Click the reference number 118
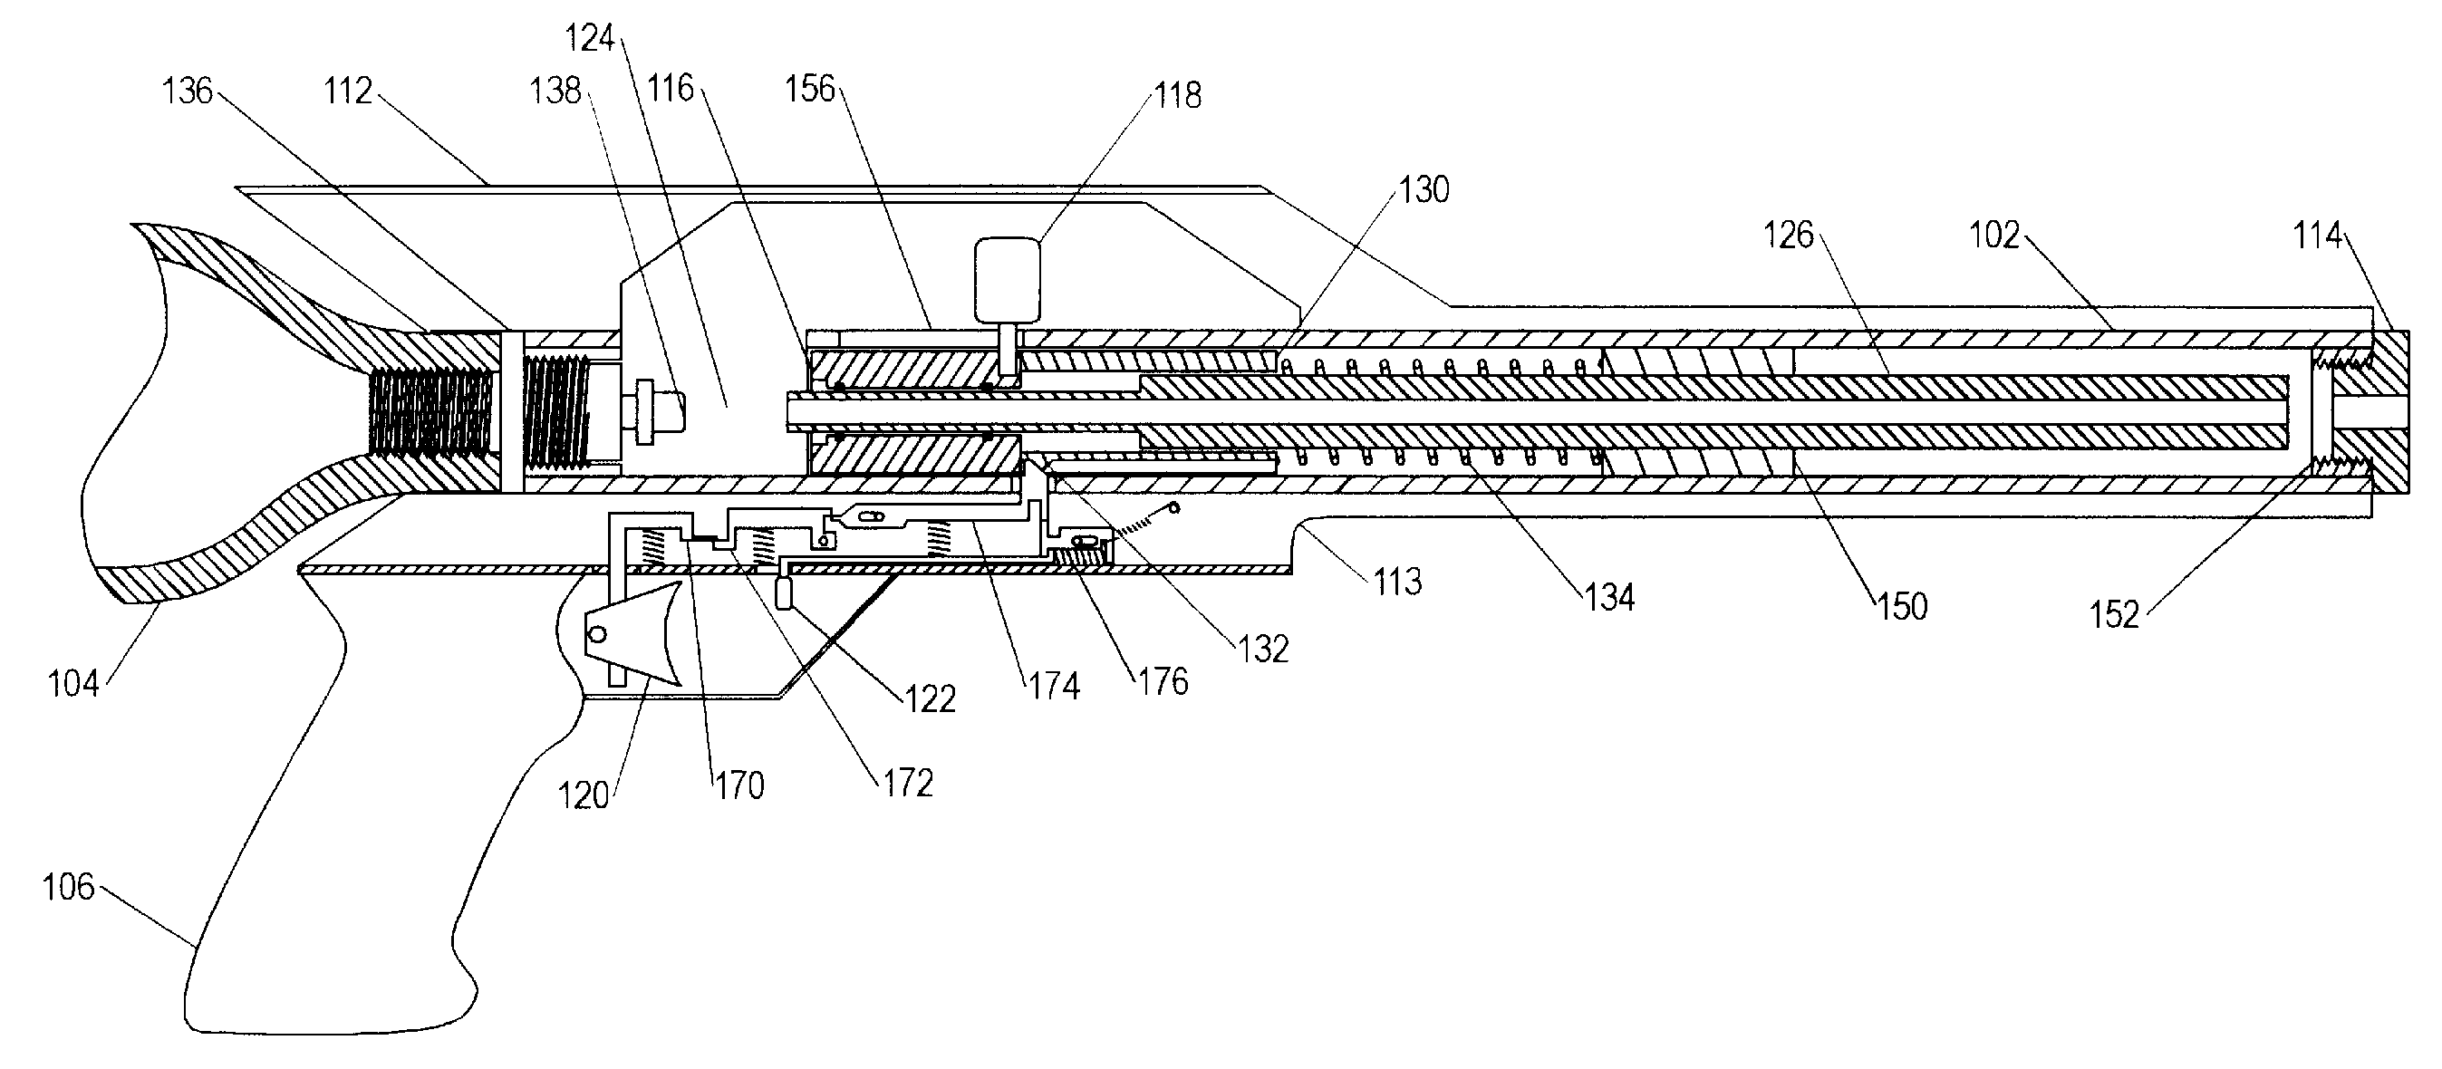tap(1177, 96)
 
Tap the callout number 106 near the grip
tap(68, 887)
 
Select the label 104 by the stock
tap(73, 683)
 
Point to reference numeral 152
tap(2114, 615)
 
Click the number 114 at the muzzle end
tap(2317, 235)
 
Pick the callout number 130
tap(1424, 190)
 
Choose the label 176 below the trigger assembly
tap(1163, 681)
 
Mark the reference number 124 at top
tap(590, 39)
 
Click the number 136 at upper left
tap(188, 91)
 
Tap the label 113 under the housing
tap(1397, 582)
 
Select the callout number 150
tap(1903, 607)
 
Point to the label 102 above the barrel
tap(1994, 235)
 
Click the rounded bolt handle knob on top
tap(1008, 280)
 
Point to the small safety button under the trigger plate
tap(783, 594)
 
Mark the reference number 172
tap(908, 783)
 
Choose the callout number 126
tap(1788, 235)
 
